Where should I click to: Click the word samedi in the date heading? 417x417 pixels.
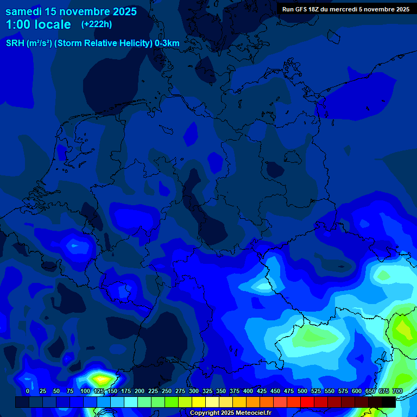[x=24, y=11]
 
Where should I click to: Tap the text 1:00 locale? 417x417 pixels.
[x=38, y=24]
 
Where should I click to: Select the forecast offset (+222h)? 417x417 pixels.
[x=97, y=24]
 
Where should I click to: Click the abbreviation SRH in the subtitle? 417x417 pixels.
[x=15, y=43]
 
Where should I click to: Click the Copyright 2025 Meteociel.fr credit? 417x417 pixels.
[x=230, y=413]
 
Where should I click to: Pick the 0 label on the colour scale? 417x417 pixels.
[x=28, y=391]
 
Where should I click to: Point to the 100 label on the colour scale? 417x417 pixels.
[x=85, y=391]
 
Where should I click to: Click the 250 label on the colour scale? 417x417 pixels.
[x=167, y=391]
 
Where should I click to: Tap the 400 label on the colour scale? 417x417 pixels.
[x=248, y=391]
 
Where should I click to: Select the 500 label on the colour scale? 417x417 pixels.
[x=302, y=391]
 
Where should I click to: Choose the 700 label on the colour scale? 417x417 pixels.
[x=397, y=391]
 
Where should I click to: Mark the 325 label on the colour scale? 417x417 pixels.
[x=207, y=391]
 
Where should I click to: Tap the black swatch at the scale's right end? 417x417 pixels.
[x=389, y=402]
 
